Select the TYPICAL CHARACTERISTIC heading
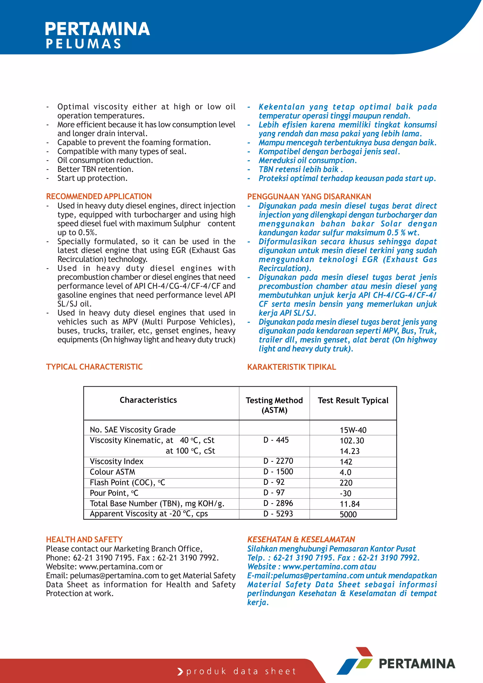[x=94, y=367]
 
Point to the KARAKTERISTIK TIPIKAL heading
[x=291, y=367]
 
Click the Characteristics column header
[x=148, y=400]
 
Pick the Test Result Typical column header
[x=353, y=400]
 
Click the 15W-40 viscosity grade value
[x=353, y=430]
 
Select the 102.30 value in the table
[x=352, y=441]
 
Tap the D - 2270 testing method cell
[x=278, y=461]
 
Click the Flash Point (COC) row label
[x=127, y=483]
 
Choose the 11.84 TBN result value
[x=350, y=504]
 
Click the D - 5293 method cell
[x=278, y=514]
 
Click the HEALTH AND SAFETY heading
[x=84, y=539]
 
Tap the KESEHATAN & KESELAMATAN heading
[x=301, y=539]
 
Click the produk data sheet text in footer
[x=241, y=671]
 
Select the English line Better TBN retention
[x=96, y=169]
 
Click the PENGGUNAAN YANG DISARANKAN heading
[x=309, y=197]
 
